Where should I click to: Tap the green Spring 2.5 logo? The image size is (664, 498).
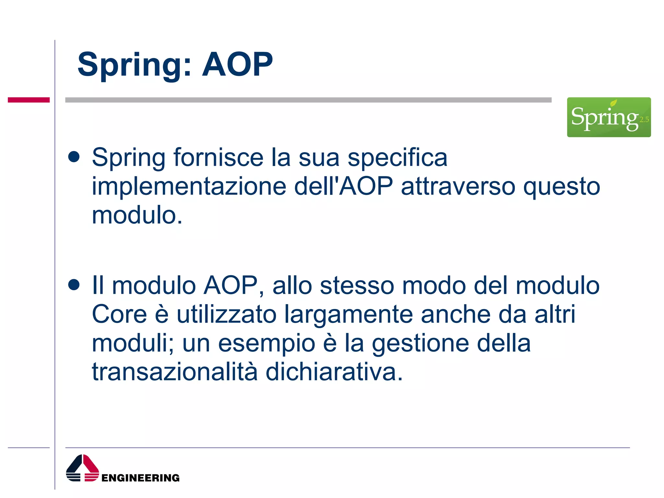pos(609,117)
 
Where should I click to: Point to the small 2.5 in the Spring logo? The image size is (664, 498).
pos(644,120)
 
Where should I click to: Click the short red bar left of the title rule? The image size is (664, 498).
pos(29,100)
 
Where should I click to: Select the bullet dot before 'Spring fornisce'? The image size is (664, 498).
pos(74,157)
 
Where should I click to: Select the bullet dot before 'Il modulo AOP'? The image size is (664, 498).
pos(74,285)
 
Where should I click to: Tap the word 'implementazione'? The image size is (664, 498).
pos(189,187)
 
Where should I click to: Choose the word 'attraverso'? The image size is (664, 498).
pos(458,187)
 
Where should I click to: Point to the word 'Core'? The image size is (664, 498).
pos(119,314)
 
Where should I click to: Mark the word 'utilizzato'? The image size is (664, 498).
pos(226,314)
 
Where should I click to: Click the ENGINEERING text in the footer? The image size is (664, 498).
pos(140,478)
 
